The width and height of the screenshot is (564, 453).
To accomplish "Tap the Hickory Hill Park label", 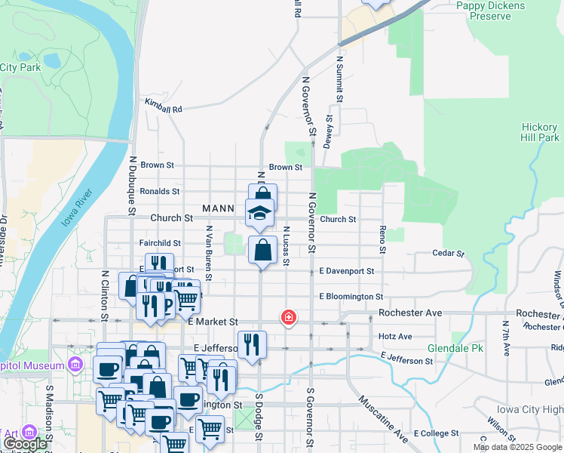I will (540, 133).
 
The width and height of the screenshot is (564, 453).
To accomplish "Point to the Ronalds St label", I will (159, 192).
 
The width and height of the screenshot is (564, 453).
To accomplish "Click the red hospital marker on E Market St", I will (288, 318).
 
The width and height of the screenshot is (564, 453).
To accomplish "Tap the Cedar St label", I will (446, 254).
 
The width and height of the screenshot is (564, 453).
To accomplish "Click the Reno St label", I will (383, 239).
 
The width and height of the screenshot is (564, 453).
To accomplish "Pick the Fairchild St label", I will (160, 243).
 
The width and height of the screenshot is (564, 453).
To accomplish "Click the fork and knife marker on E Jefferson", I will (252, 344).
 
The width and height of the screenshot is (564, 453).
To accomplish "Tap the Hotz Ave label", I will (396, 337).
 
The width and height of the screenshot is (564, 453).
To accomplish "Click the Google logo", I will (25, 445).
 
